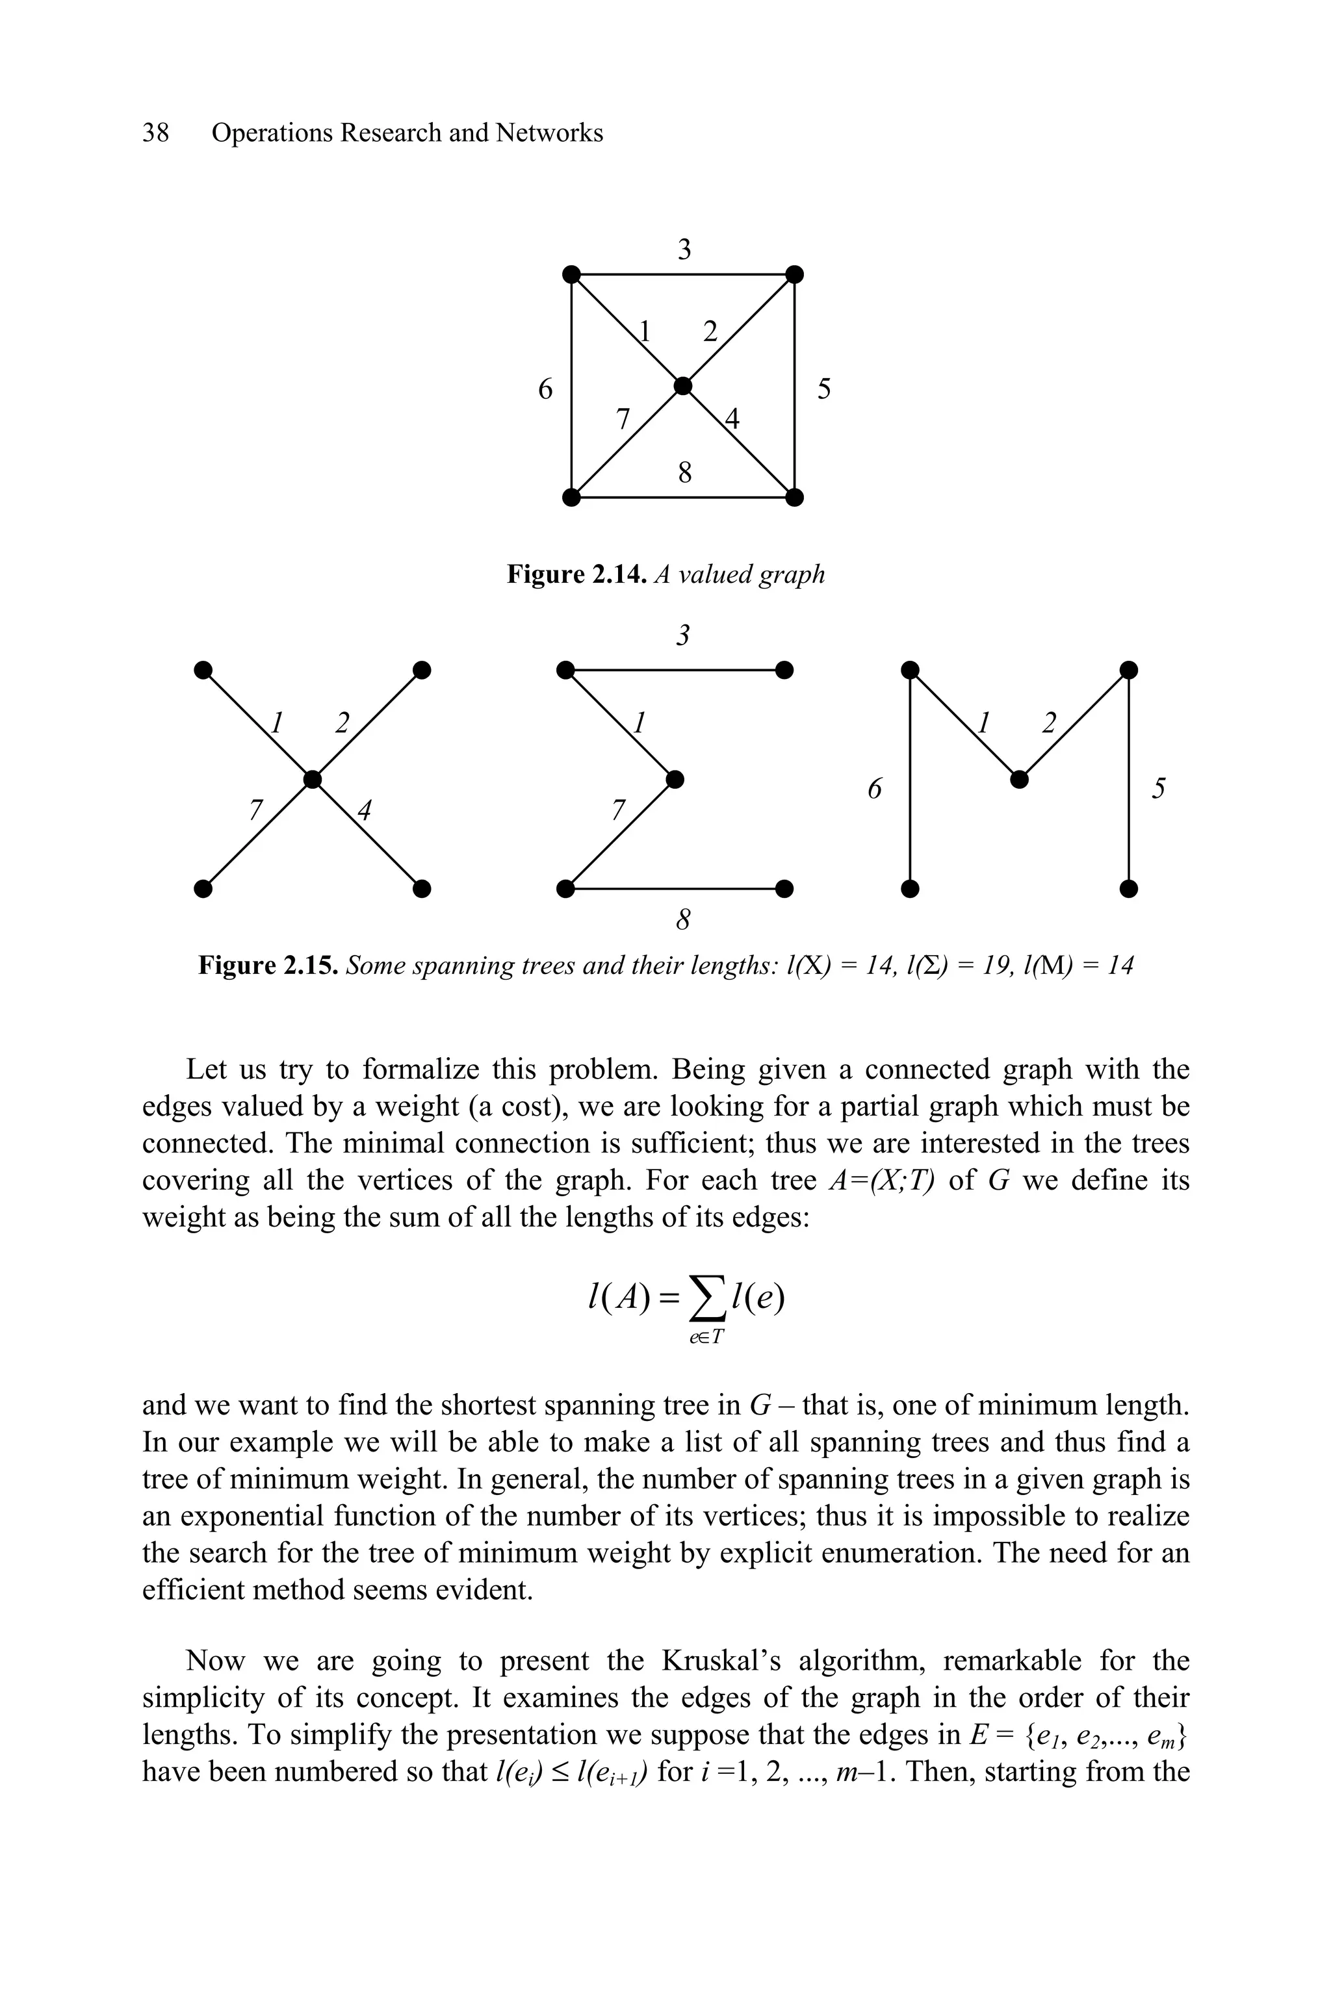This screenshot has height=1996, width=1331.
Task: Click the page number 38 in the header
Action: tap(155, 133)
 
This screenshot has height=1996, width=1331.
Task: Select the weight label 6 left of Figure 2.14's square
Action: tap(546, 390)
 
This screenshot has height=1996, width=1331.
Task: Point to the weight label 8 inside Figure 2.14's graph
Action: tap(684, 472)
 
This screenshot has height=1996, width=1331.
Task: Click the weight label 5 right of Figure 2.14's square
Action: tap(823, 390)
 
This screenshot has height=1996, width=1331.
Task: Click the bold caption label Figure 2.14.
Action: tap(578, 574)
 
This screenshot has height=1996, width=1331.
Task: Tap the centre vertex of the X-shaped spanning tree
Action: tap(313, 779)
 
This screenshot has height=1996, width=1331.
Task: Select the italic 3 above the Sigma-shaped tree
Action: tap(682, 635)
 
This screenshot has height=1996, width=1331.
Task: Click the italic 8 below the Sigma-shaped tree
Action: tap(682, 919)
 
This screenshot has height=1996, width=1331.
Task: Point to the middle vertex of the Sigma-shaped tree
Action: tap(675, 779)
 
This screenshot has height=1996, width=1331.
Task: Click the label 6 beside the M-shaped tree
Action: tap(874, 789)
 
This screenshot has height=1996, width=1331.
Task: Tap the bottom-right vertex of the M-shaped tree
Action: tap(1128, 889)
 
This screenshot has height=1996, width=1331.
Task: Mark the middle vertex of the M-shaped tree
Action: tap(1020, 779)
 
